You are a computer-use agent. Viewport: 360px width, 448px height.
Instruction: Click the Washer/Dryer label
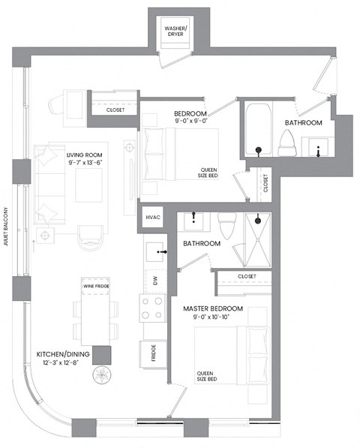(x=178, y=32)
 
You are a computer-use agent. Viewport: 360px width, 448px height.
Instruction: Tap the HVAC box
(x=152, y=217)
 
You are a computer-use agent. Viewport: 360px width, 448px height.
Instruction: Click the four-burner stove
(x=153, y=308)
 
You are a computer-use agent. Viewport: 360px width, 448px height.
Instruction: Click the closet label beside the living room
(x=115, y=110)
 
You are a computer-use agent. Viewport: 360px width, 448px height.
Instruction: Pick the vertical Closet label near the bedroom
(x=265, y=182)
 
